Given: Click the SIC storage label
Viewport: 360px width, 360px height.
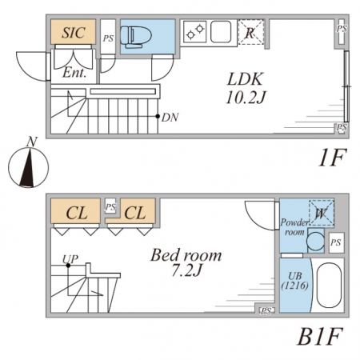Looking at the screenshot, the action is pos(74,33).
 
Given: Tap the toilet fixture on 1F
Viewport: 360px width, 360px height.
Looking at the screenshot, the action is pos(136,36).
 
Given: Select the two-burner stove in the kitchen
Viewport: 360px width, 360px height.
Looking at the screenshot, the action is pos(195,31).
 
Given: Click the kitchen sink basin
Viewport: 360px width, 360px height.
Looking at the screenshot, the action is pos(221,31).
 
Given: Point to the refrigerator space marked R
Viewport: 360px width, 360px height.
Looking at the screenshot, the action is pos(250,32).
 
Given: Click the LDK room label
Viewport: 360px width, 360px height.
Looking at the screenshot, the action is pos(245,79).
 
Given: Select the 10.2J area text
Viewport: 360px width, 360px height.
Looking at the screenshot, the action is pos(246,98).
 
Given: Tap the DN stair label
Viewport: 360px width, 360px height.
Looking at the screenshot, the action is pos(170,118).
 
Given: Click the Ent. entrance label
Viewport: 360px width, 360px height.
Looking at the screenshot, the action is pos(74,73).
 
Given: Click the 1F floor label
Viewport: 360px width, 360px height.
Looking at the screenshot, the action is pos(332,158).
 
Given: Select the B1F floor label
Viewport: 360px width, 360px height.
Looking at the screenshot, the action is pos(320,336).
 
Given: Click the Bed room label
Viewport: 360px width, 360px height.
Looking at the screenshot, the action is pos(186,255).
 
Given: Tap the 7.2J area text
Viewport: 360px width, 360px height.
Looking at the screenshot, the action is pos(186,270).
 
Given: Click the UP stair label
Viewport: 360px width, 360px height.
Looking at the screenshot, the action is pos(70,259).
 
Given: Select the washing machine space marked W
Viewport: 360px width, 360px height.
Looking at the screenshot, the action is pos(321,213).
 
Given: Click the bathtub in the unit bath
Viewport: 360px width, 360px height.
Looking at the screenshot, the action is pos(329,286).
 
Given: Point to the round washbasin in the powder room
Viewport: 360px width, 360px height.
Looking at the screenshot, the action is pos(315,241).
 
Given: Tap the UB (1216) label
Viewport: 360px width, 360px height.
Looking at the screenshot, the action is pos(295,281).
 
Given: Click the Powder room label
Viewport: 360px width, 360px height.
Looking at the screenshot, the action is pos(294,227).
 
